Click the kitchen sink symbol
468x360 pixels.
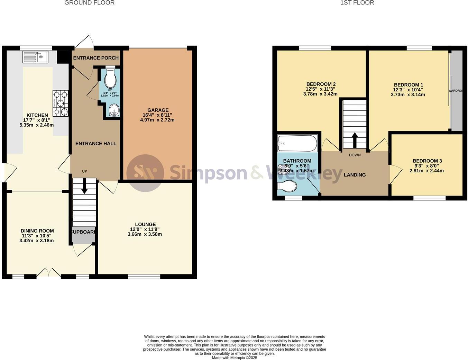click(x=35, y=57)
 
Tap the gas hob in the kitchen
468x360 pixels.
click(x=61, y=103)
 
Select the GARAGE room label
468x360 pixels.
click(x=158, y=110)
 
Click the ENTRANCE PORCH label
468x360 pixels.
click(x=96, y=58)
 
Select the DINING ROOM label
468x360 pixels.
click(x=37, y=231)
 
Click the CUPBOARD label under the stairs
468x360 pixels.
click(x=83, y=232)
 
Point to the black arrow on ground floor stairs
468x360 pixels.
click(x=84, y=187)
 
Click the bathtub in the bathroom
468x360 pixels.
click(x=297, y=143)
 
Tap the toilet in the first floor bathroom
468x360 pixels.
click(x=287, y=187)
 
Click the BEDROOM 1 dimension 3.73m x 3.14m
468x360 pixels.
click(x=408, y=94)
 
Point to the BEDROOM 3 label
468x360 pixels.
click(x=427, y=161)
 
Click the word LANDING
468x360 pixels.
click(x=355, y=175)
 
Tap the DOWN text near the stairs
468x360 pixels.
click(x=355, y=155)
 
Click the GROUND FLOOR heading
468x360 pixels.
click(x=89, y=3)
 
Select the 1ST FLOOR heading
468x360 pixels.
click(x=357, y=3)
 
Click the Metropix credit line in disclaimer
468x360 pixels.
click(x=235, y=358)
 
